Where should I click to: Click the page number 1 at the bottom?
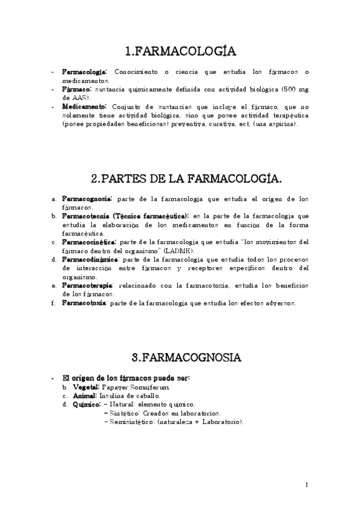point(307,485)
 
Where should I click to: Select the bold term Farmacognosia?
point(86,198)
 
